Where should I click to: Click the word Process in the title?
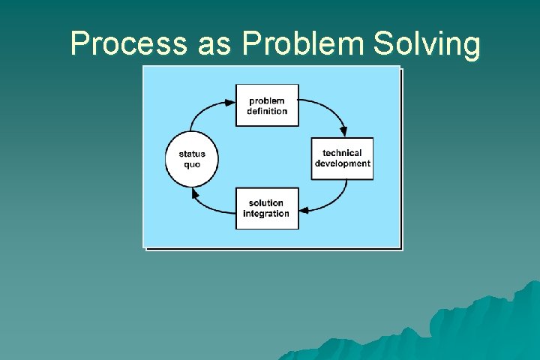tap(128, 44)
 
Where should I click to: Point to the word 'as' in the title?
tap(214, 44)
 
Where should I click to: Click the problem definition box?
tap(267, 105)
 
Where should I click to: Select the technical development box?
tap(342, 158)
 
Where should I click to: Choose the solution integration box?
tap(267, 208)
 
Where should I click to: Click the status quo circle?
tap(191, 159)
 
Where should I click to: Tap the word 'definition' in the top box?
tap(267, 111)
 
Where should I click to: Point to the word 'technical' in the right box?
tap(342, 153)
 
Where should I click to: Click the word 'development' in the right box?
tap(342, 163)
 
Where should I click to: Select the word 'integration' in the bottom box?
tap(266, 214)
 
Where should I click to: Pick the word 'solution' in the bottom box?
tap(266, 203)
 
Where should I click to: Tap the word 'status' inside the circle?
tap(191, 154)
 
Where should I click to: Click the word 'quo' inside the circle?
tap(191, 164)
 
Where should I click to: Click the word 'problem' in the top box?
tap(267, 100)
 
